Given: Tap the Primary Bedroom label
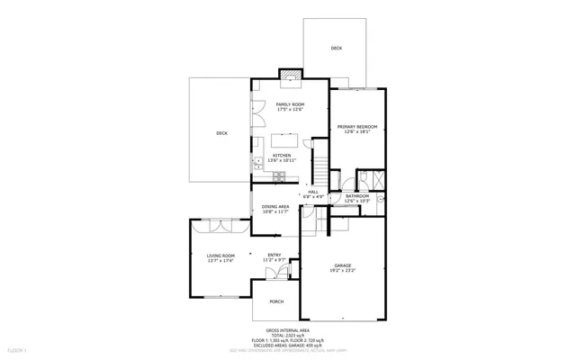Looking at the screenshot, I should [356, 127].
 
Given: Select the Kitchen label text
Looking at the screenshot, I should [283, 156].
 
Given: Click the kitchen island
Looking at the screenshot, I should [287, 140].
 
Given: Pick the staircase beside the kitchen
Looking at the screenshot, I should [317, 167].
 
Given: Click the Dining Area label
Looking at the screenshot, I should [275, 207].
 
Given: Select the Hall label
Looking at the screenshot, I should [313, 191].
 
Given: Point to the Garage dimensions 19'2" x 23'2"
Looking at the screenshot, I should [343, 270].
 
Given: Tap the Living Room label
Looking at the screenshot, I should [220, 256].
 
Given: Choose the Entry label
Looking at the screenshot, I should [274, 256].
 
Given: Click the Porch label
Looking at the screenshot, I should [276, 301].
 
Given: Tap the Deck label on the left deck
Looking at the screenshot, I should [221, 133].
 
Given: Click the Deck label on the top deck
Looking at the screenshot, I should [336, 48].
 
